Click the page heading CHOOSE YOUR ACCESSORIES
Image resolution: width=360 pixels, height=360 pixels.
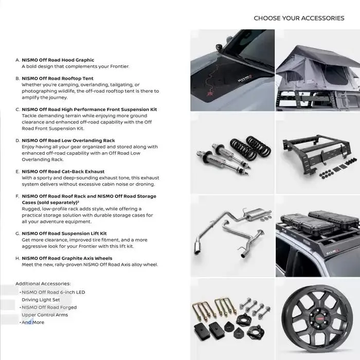[x=299, y=18]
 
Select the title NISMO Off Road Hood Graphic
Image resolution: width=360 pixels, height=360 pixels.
[x=58, y=60]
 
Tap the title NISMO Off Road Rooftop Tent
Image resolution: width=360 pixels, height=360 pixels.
[x=57, y=79]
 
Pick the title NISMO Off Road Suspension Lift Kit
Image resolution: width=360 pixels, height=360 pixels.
[x=64, y=233]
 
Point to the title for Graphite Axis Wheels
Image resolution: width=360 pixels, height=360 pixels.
[x=67, y=258]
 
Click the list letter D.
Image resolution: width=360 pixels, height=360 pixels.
[x=17, y=140]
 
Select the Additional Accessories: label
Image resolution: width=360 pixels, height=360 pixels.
[x=43, y=283]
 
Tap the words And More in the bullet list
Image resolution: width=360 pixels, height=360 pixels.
[x=33, y=322]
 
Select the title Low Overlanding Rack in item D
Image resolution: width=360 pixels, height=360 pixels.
[x=89, y=140]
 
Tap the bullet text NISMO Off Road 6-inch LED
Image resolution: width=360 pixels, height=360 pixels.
[x=53, y=292]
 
